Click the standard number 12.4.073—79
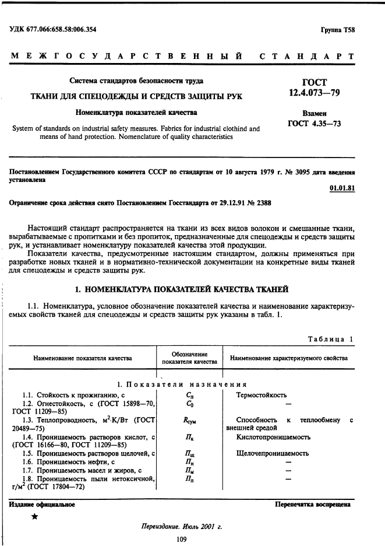pyautogui.click(x=315, y=93)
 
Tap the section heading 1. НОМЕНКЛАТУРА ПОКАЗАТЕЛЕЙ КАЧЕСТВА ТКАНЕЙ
pyautogui.click(x=182, y=289)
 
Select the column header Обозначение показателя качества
pyautogui.click(x=189, y=358)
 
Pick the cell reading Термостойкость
pyautogui.click(x=260, y=394)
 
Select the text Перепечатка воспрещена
pyautogui.click(x=312, y=504)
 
